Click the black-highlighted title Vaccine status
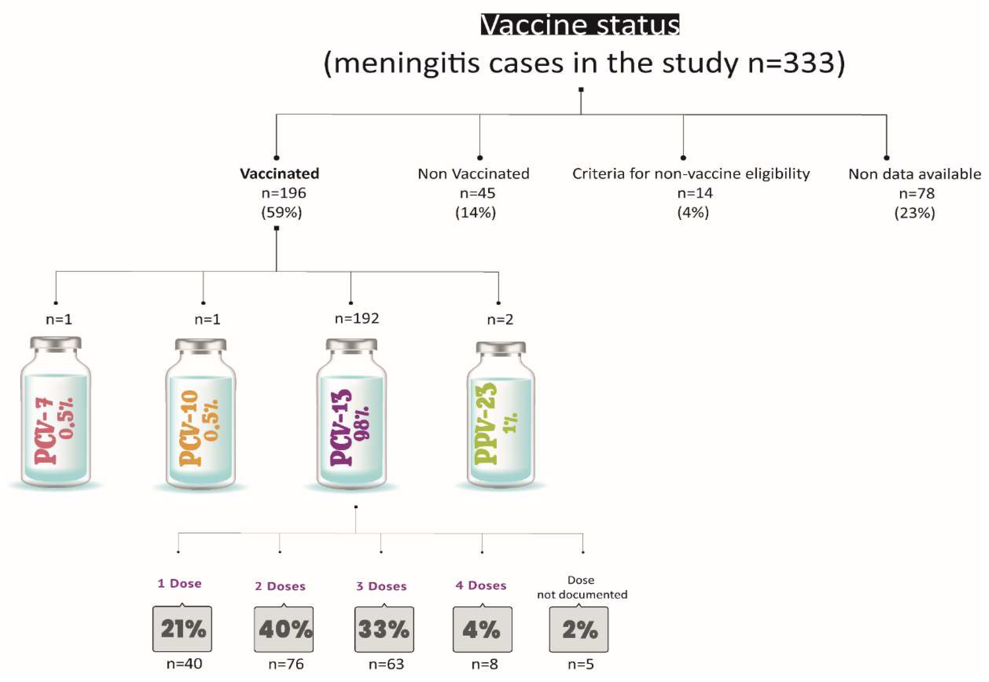tap(580, 25)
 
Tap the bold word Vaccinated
tap(279, 173)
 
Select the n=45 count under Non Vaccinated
tap(477, 193)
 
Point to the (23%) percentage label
tap(914, 212)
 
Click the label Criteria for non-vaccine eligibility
tap(691, 173)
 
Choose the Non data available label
tap(914, 174)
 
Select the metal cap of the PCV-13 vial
tap(351, 345)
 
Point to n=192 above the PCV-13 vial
tap(357, 318)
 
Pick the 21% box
tap(183, 628)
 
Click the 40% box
tap(284, 629)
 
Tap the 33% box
tap(384, 629)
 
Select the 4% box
tap(482, 629)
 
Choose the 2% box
tap(579, 629)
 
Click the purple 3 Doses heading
tap(381, 586)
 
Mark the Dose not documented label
tap(582, 587)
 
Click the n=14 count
tap(695, 193)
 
